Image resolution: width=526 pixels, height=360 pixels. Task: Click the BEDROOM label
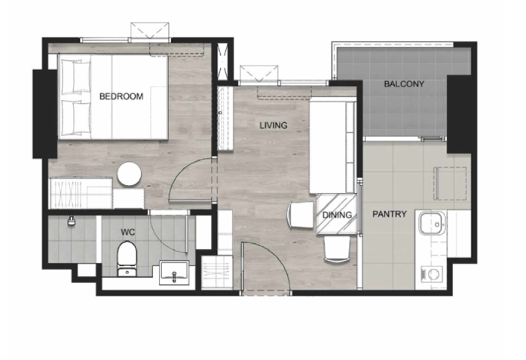121,96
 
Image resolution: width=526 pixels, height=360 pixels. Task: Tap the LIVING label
274,125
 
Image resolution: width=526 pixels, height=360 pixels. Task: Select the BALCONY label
404,84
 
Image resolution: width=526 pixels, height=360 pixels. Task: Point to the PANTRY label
390,214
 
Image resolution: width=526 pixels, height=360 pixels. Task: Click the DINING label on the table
337,215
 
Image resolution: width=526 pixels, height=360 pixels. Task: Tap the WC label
128,232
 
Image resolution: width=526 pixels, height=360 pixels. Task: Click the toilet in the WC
127,259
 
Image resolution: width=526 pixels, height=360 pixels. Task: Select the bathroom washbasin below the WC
174,272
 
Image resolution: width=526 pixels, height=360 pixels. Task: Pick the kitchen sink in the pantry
432,223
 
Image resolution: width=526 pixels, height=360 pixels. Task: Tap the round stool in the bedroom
129,174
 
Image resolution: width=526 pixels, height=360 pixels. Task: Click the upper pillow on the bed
76,77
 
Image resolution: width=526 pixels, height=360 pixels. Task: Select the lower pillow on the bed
76,118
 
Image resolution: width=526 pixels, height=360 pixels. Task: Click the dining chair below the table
336,249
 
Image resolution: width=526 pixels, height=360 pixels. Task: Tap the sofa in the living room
332,145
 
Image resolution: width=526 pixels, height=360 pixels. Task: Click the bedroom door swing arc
184,168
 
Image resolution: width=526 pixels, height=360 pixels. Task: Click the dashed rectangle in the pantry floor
451,183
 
